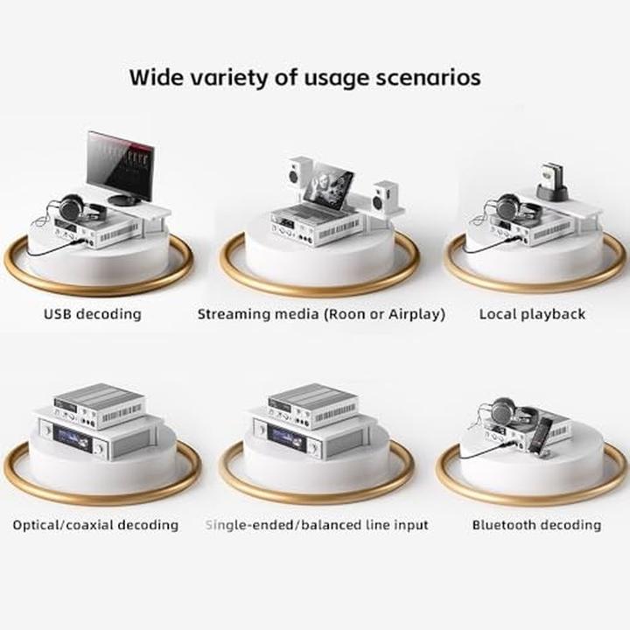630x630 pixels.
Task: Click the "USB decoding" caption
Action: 91,313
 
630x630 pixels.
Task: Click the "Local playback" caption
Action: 532,313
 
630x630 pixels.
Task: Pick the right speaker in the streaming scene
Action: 384,195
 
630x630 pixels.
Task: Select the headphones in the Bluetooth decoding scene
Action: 500,409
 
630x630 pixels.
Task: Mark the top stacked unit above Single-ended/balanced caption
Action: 312,405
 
